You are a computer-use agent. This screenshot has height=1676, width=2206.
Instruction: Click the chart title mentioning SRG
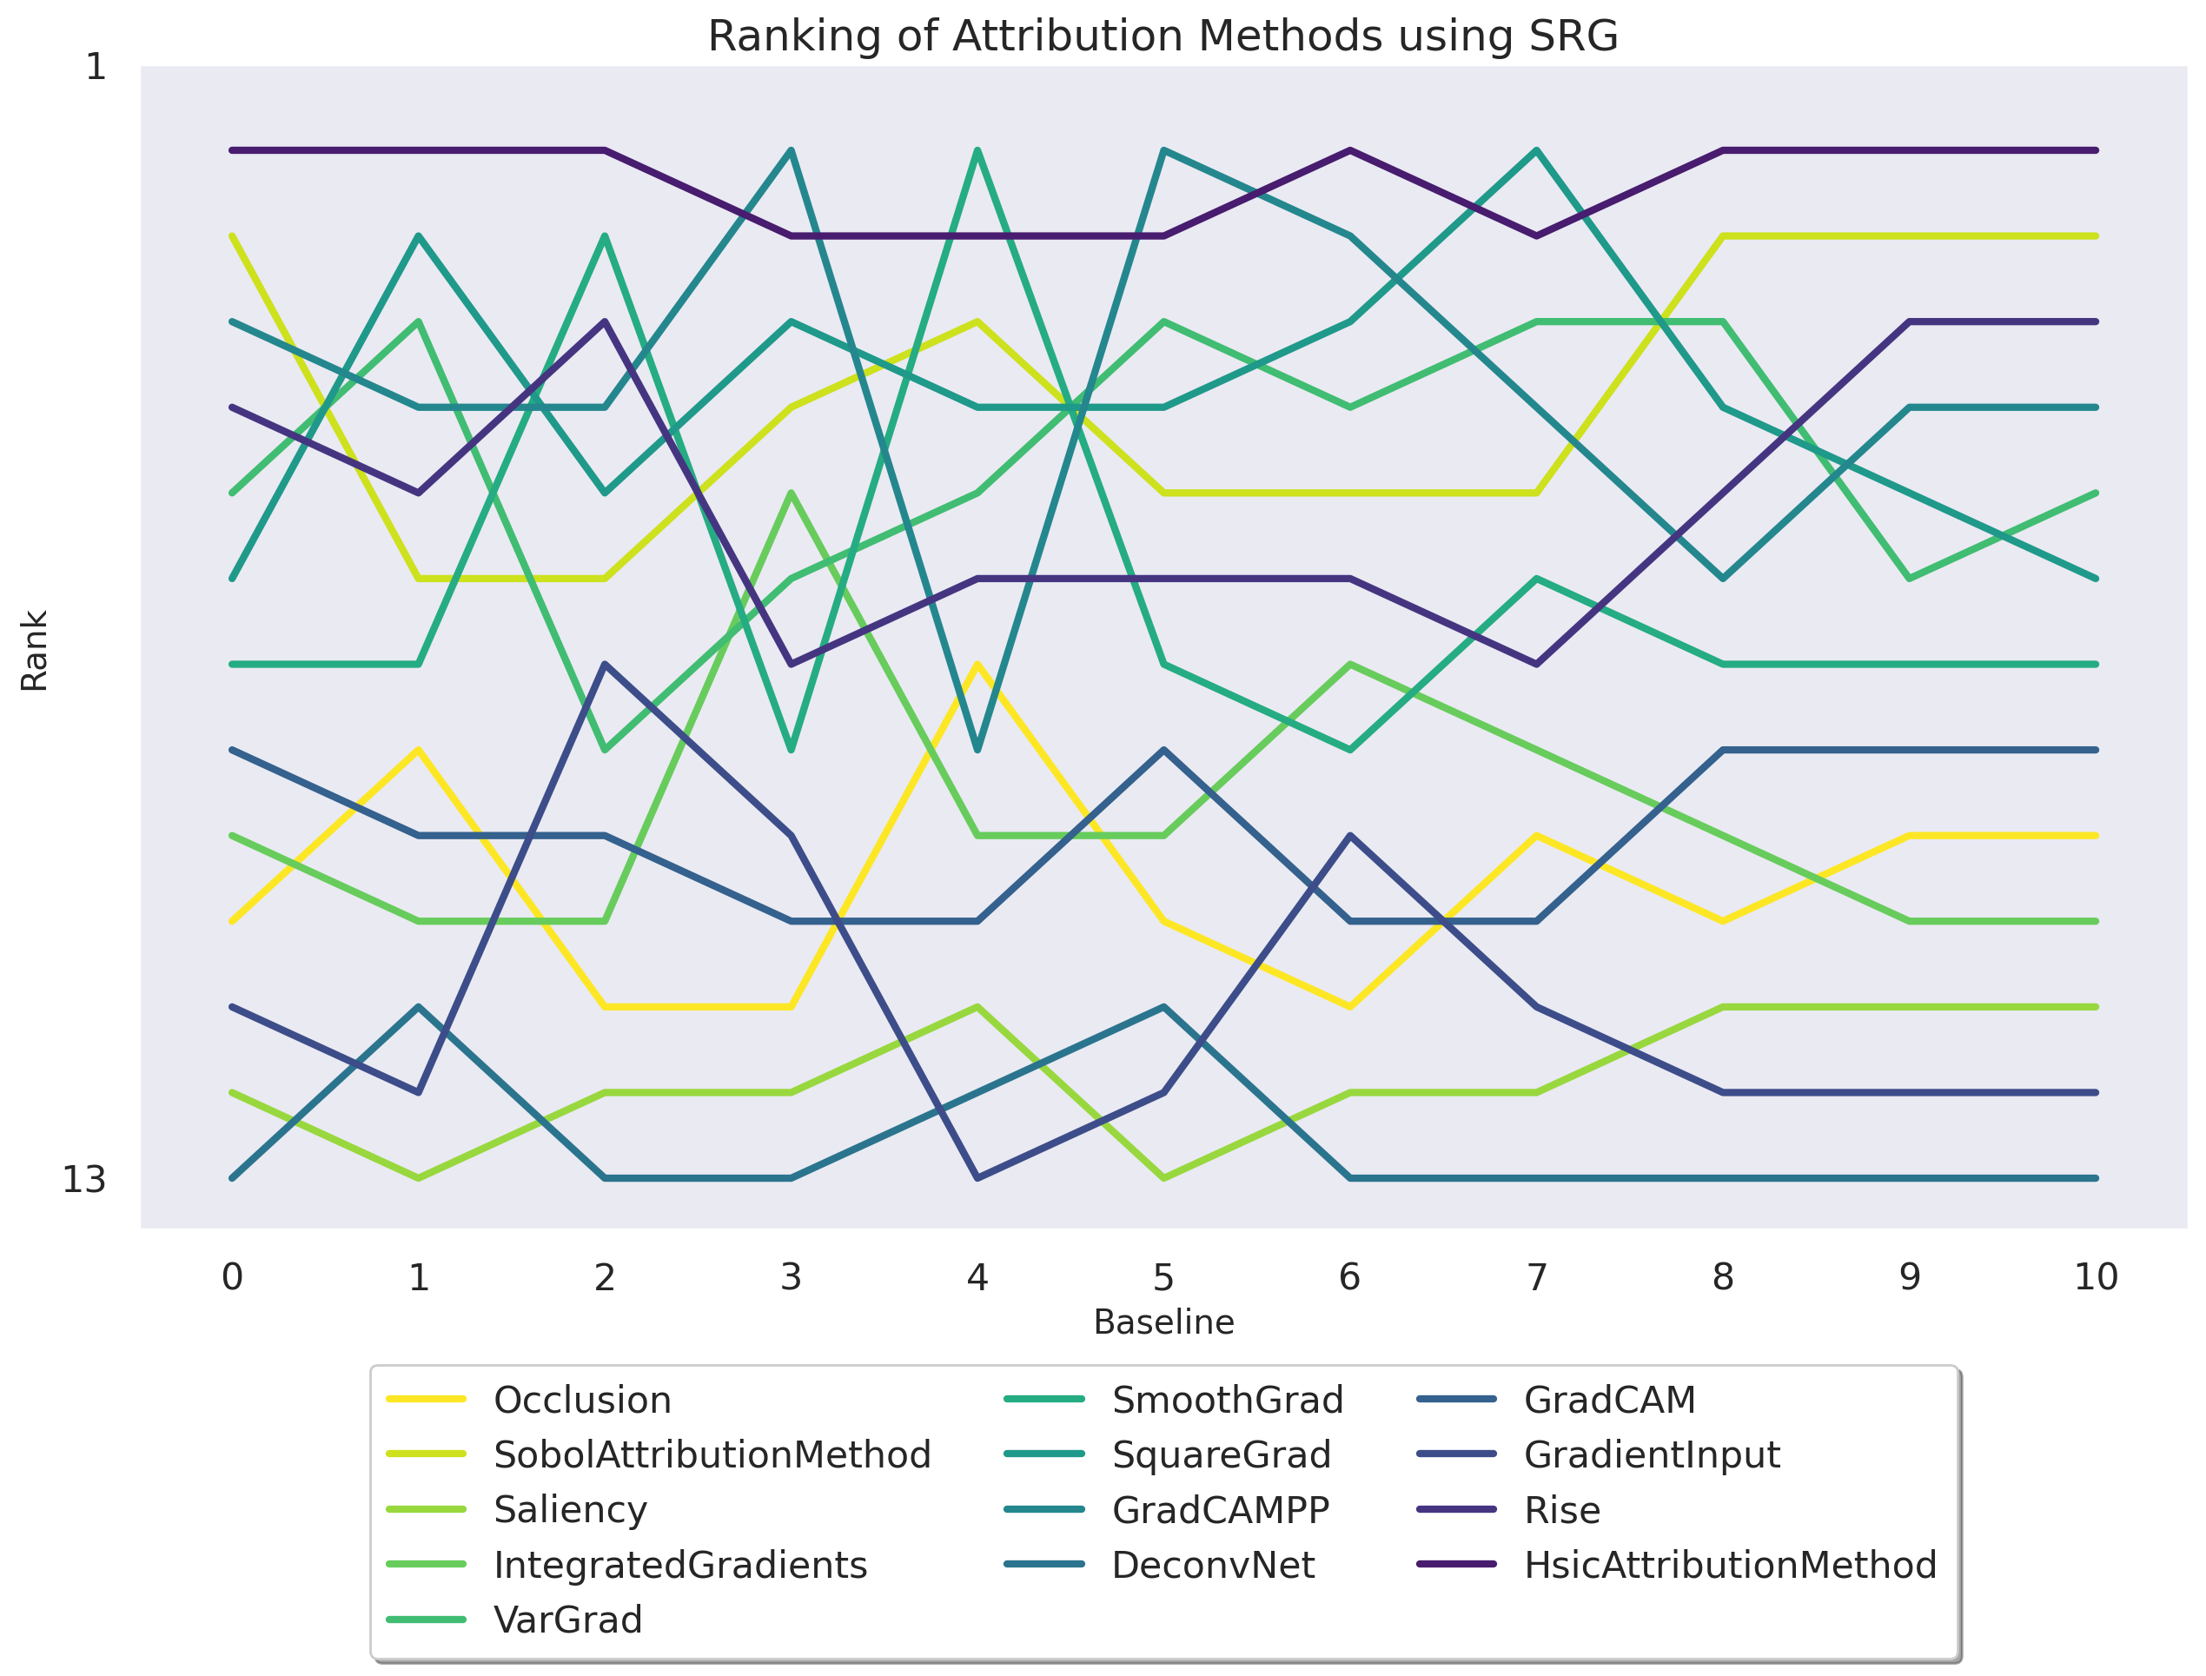[1163, 36]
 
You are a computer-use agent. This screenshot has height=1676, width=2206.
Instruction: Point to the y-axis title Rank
[34, 651]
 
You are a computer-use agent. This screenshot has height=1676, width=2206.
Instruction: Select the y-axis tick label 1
[96, 68]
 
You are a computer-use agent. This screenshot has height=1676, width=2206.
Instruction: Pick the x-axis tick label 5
[1163, 1277]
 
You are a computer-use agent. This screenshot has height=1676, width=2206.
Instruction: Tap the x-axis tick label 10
[2096, 1277]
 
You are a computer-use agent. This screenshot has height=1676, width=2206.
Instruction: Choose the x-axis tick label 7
[1536, 1277]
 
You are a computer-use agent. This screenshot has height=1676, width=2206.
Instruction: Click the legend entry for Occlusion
[581, 1401]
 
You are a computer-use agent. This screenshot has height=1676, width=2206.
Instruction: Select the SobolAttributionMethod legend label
[712, 1455]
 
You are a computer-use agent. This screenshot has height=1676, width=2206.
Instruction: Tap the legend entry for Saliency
[570, 1510]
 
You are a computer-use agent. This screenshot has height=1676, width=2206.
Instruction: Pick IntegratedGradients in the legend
[679, 1566]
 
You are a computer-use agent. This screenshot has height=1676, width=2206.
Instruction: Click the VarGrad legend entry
[567, 1620]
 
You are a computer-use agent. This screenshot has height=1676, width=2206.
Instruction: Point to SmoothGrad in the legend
[1227, 1401]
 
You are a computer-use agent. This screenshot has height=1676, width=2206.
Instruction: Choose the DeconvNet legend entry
[1212, 1566]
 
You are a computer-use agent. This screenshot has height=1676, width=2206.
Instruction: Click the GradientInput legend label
[1652, 1455]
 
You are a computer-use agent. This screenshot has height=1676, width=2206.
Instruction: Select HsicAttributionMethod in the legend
[1729, 1566]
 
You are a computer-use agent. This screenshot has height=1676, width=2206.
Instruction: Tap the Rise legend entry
[1561, 1510]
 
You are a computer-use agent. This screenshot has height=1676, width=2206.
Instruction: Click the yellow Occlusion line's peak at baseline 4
[977, 665]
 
